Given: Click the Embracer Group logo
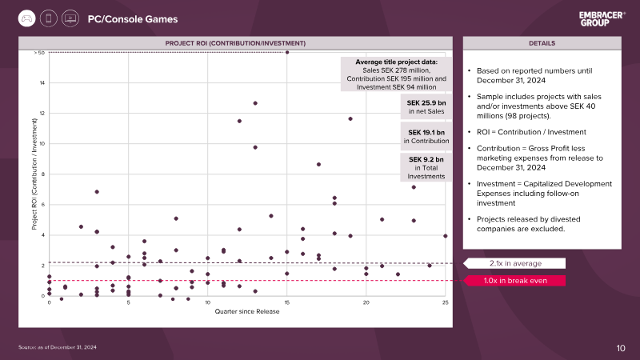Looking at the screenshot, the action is (602, 18).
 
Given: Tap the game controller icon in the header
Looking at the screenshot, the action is (27, 18).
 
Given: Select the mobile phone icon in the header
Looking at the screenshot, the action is (49, 18).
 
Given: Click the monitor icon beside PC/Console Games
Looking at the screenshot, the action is (70, 18).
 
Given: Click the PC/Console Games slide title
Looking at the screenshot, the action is (133, 19).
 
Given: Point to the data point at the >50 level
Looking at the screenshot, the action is (287, 52).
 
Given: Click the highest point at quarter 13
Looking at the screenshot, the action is (255, 103).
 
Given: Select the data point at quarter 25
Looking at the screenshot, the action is (446, 236).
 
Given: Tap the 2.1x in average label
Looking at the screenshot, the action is (515, 263).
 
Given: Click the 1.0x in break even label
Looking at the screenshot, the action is (515, 281).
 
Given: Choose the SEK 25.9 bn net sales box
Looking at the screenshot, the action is (426, 107).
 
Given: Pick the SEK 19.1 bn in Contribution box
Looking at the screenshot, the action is (426, 136).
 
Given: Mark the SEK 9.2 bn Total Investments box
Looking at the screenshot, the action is (426, 167).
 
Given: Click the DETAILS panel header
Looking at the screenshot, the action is (542, 43).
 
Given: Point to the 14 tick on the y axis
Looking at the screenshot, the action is (42, 83).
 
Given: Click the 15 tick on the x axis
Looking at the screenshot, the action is (287, 302).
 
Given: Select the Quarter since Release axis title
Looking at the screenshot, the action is (247, 311).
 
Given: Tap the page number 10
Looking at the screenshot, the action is (621, 348).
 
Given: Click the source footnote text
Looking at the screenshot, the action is (58, 347).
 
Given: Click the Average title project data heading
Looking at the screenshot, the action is (396, 62).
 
